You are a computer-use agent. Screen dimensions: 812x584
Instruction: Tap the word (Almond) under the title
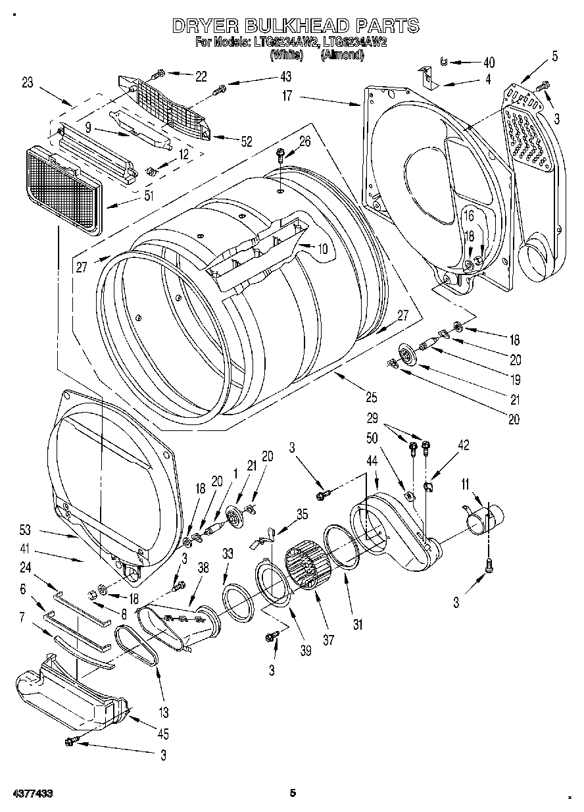click(x=342, y=55)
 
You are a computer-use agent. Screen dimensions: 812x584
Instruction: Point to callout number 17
click(x=287, y=96)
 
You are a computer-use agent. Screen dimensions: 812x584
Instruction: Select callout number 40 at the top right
click(x=488, y=63)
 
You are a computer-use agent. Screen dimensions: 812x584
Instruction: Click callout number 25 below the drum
click(x=372, y=397)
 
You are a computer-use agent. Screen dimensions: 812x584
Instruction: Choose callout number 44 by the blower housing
click(x=372, y=463)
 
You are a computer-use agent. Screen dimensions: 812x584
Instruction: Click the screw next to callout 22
click(x=158, y=75)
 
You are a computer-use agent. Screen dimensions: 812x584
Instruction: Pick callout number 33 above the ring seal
click(x=227, y=555)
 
